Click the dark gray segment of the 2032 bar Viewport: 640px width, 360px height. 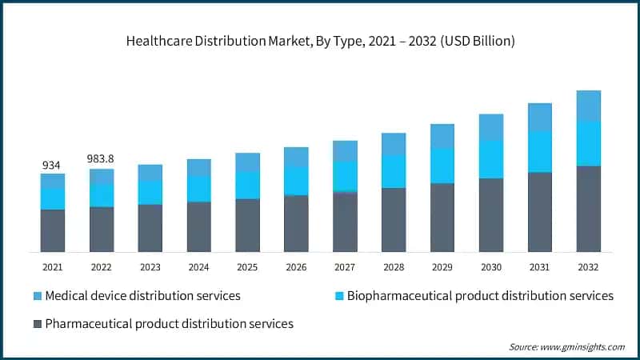[x=589, y=209]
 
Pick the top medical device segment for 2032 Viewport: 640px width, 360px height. [x=589, y=106]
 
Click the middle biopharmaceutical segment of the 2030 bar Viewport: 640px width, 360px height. [x=491, y=159]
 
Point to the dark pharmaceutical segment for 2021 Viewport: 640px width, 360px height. [x=53, y=230]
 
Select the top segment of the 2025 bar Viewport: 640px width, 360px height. [x=247, y=162]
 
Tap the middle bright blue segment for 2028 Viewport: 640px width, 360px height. [x=394, y=171]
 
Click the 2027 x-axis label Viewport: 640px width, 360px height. [x=345, y=267]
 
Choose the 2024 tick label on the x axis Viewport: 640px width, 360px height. [x=198, y=267]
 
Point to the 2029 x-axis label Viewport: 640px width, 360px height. [x=442, y=267]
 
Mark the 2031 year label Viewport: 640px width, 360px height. [x=540, y=267]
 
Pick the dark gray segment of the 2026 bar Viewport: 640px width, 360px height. [x=296, y=223]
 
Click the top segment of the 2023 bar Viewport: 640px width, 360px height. [x=150, y=172]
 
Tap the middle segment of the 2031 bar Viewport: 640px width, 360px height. [x=540, y=151]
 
